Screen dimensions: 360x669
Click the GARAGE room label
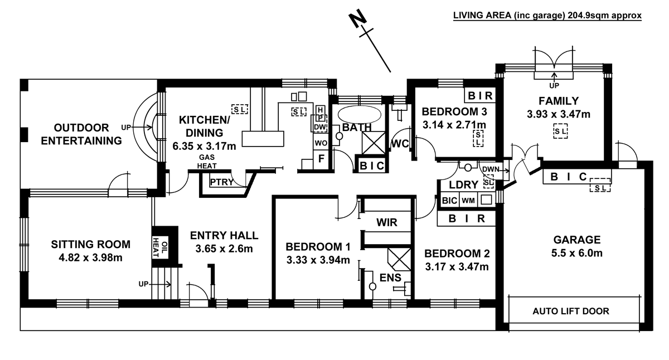[x=576, y=240]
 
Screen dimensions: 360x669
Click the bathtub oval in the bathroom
[x=360, y=115]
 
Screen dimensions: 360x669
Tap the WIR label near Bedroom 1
[x=386, y=223]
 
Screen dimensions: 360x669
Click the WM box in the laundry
[x=468, y=200]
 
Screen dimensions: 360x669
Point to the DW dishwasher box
[x=320, y=127]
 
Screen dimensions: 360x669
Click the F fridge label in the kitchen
[x=321, y=159]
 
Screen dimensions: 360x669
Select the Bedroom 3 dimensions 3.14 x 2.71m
[x=454, y=124]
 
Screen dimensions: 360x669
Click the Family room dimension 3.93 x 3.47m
[x=558, y=115]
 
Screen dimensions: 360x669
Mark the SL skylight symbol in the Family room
[x=560, y=131]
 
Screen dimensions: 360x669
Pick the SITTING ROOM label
[x=90, y=244]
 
